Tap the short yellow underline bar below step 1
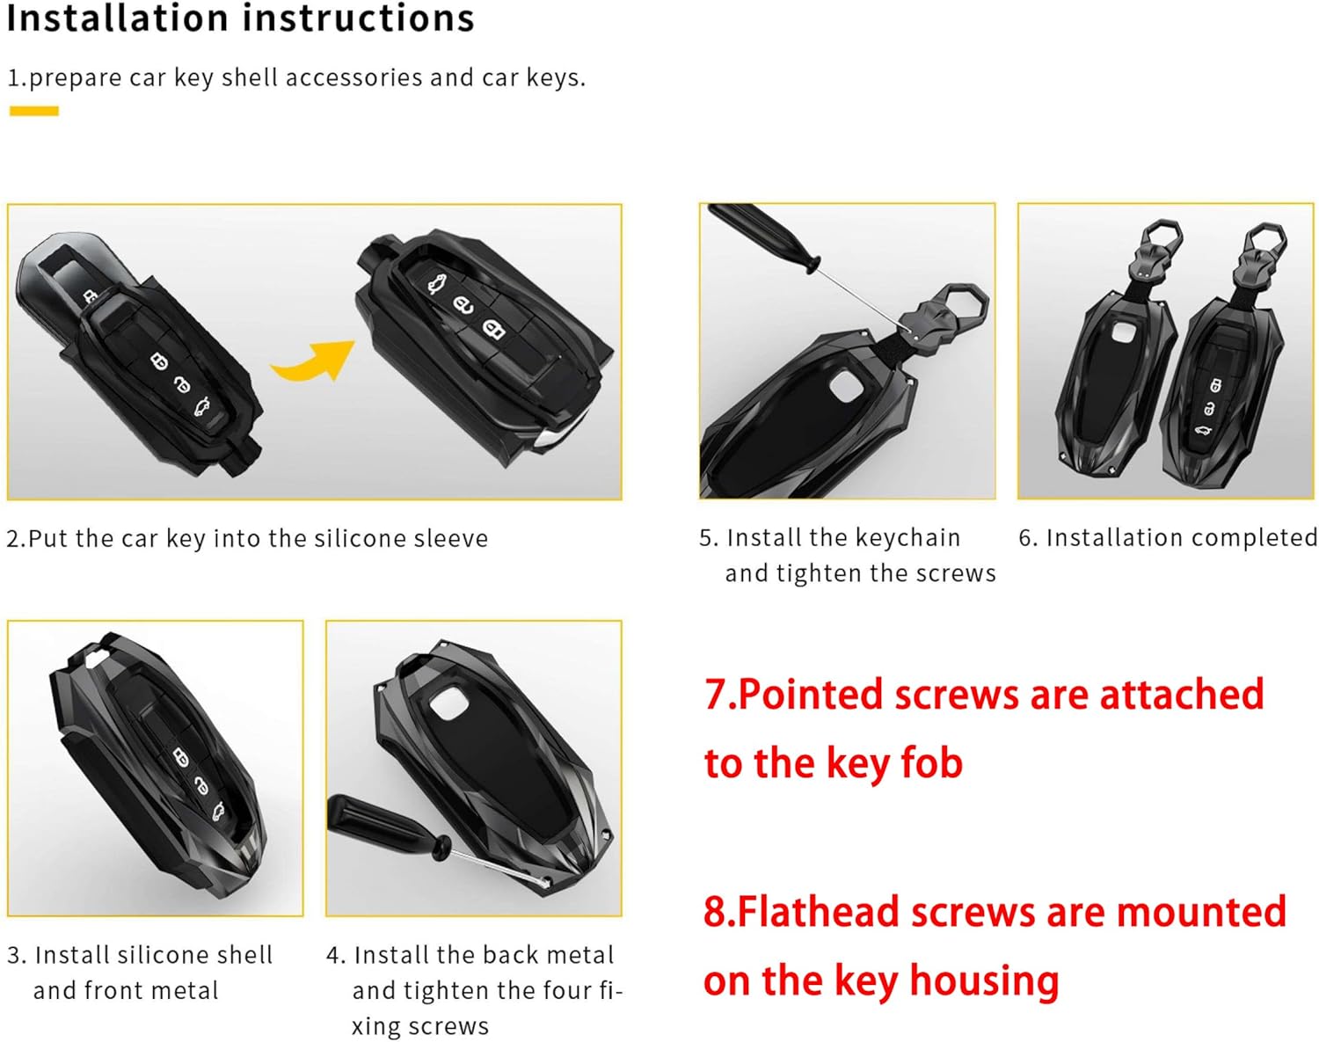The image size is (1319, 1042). click(33, 111)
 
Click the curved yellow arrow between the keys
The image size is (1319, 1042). click(313, 361)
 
